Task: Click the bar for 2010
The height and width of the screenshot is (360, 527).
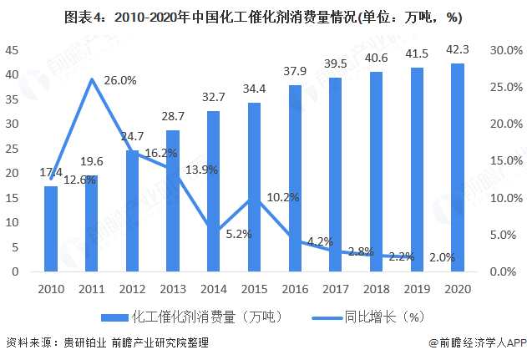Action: pos(51,228)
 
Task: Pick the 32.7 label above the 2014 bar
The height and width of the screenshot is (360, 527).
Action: pos(215,97)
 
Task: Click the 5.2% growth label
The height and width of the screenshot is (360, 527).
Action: pos(238,234)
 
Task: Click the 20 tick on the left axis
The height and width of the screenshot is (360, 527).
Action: pos(13,173)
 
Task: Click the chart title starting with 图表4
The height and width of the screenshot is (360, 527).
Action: pos(262,17)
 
